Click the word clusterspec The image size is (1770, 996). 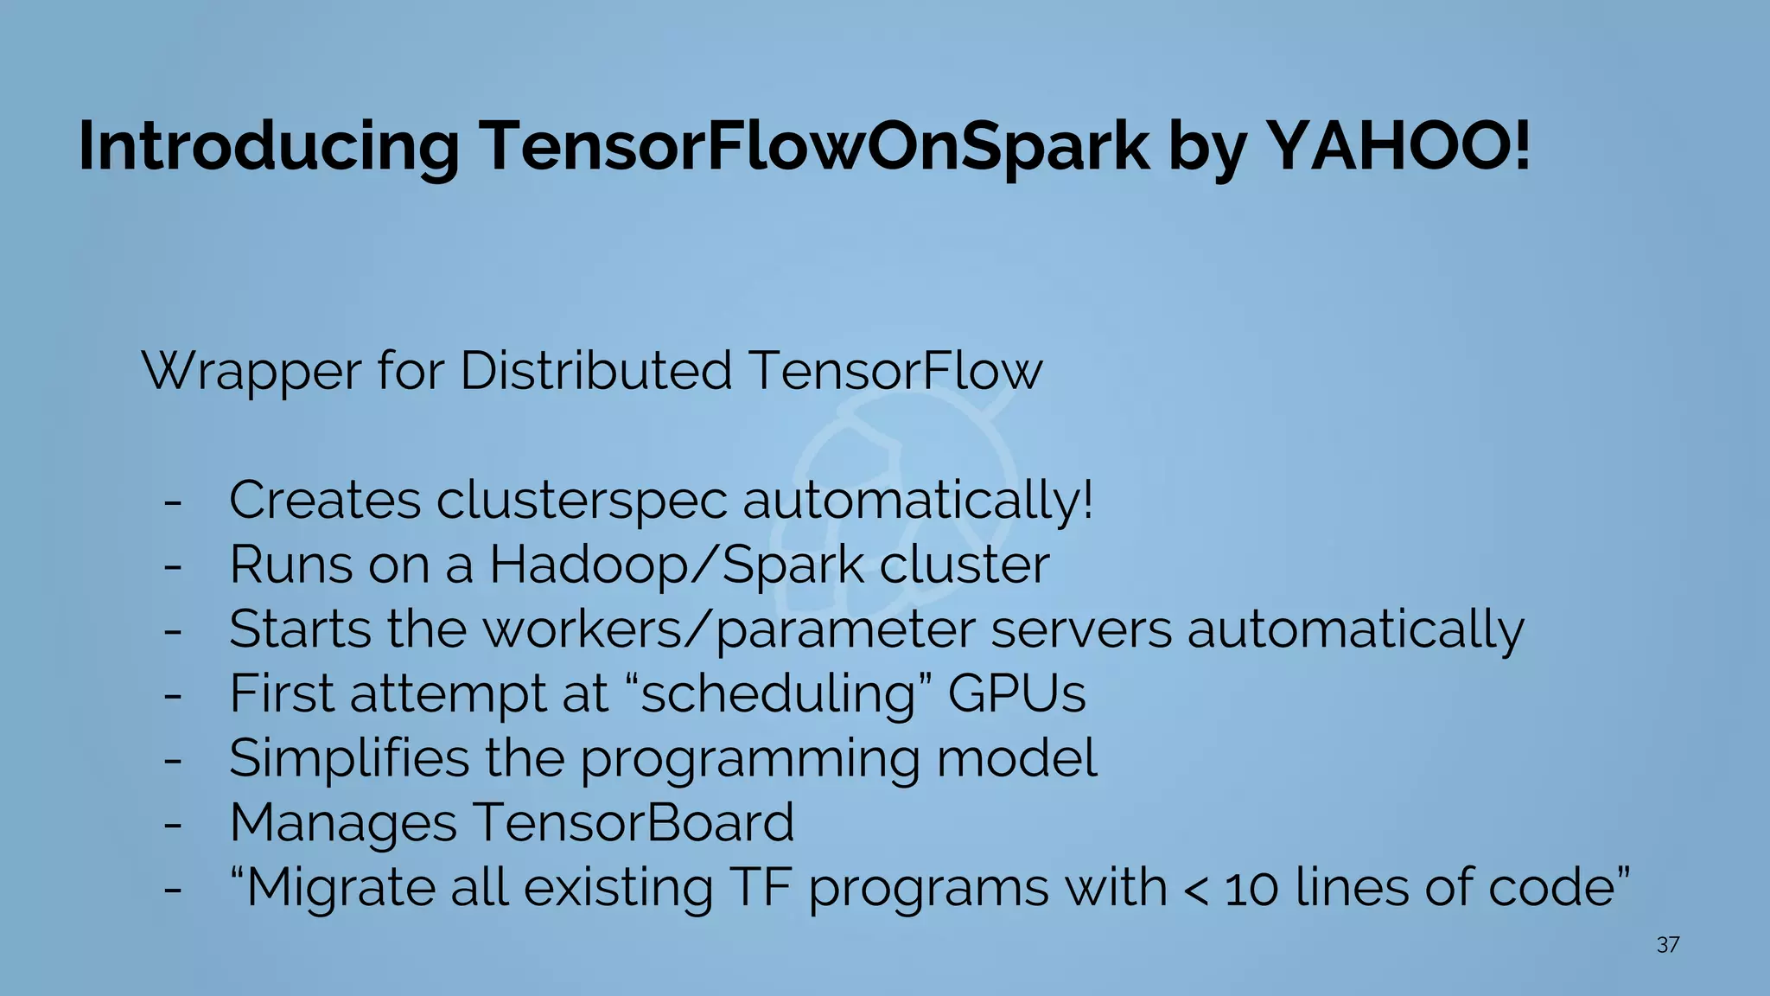tap(582, 501)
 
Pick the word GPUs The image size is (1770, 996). tap(1016, 694)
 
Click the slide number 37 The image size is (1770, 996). tap(1668, 945)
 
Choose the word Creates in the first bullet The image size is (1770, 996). tap(325, 501)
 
